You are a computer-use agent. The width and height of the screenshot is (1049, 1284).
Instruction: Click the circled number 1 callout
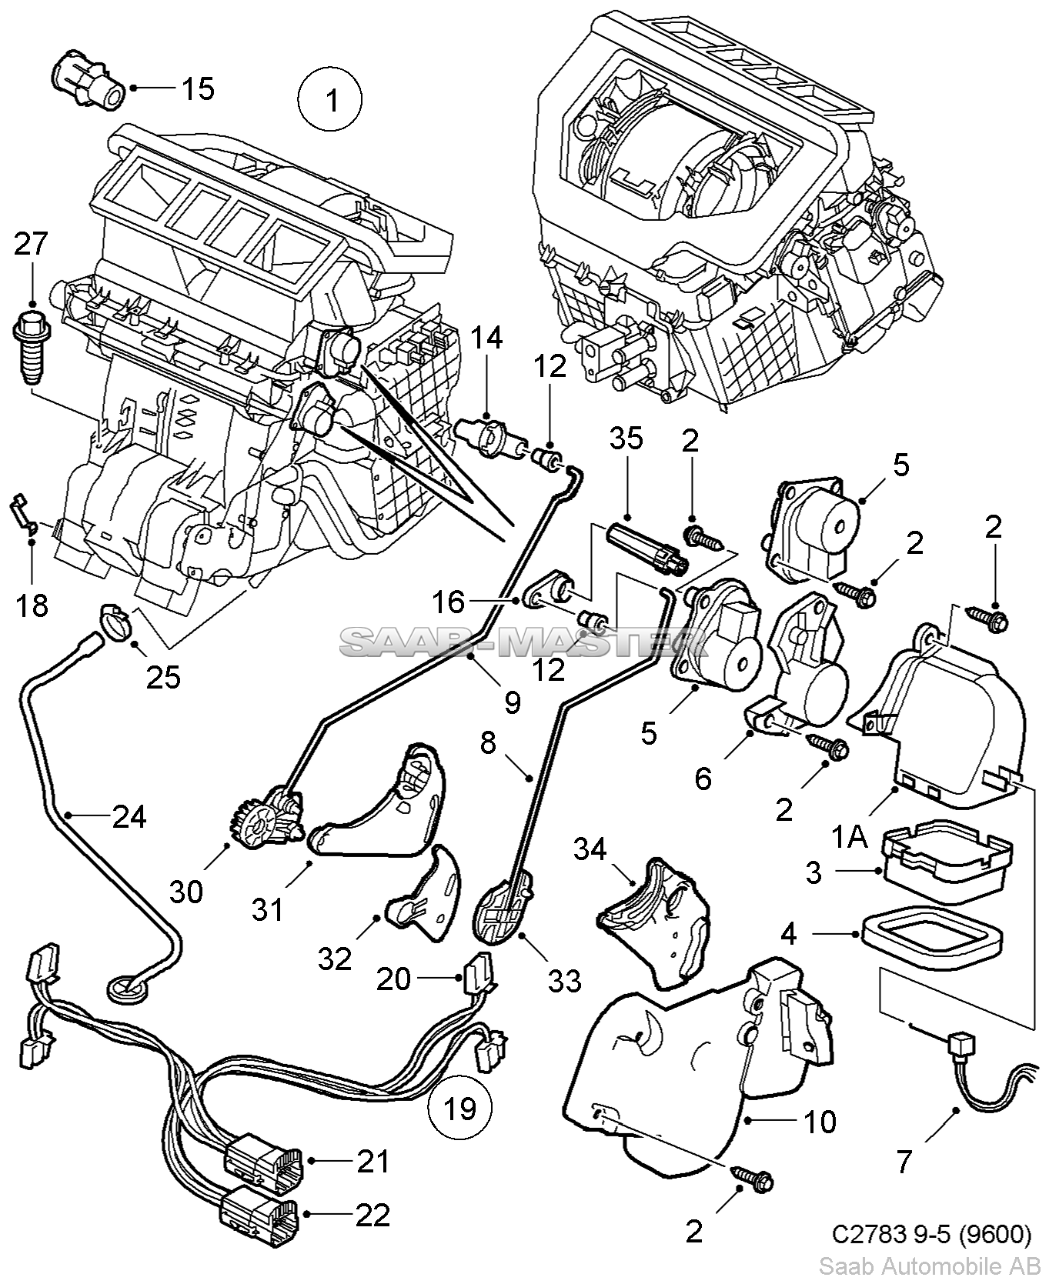[331, 101]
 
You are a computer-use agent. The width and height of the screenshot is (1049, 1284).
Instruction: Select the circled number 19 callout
[460, 1108]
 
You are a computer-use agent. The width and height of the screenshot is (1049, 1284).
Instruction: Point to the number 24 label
[129, 815]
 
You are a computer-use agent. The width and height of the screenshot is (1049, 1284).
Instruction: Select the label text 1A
[850, 836]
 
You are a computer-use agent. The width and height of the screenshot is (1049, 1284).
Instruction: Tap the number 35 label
[626, 439]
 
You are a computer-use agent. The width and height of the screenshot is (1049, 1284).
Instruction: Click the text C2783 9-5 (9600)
[931, 1234]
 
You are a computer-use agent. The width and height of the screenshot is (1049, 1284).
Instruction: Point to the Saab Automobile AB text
[930, 1266]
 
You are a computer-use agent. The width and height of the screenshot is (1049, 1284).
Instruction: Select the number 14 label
[486, 338]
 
